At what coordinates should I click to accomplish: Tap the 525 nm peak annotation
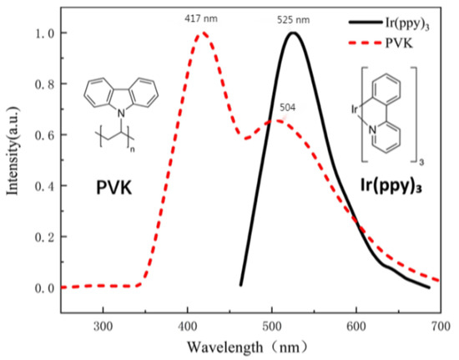tap(294, 16)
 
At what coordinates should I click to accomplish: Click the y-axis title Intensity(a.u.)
tap(13, 160)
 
